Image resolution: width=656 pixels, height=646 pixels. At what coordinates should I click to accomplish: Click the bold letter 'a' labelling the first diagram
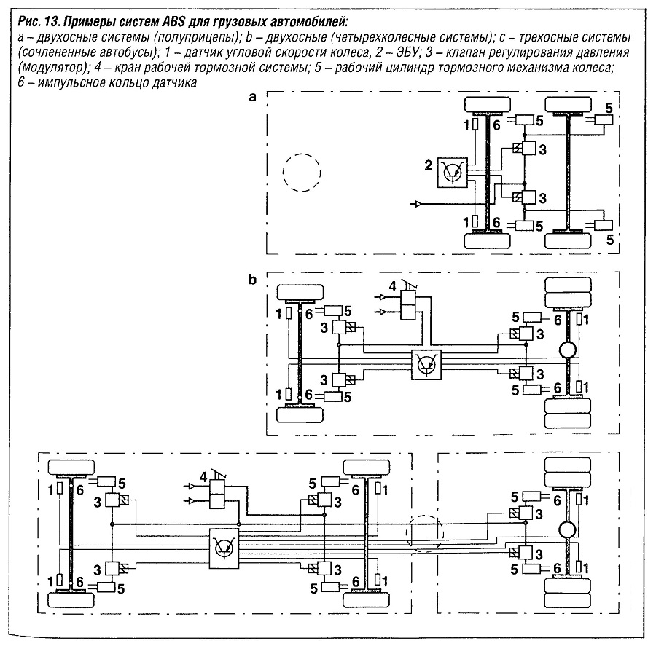[252, 101]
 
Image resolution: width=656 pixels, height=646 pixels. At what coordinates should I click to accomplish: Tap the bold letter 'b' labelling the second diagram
[252, 280]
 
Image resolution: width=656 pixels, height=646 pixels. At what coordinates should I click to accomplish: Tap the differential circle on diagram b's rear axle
[568, 351]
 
